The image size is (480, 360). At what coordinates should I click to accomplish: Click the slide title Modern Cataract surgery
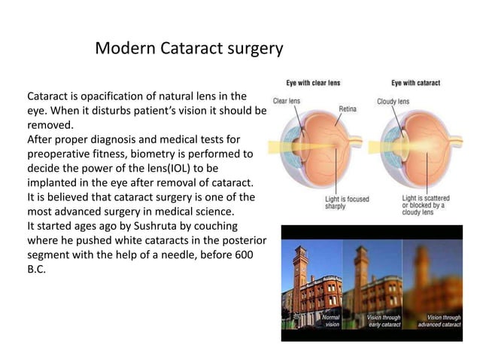click(x=190, y=49)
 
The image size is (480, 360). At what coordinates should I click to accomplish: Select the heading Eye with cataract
click(x=415, y=83)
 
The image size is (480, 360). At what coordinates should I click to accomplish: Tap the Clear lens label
click(x=287, y=101)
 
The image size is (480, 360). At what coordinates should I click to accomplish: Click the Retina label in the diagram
click(x=348, y=108)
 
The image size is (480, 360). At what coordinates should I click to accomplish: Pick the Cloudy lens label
click(x=393, y=101)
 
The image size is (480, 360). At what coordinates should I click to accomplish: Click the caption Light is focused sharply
click(x=347, y=202)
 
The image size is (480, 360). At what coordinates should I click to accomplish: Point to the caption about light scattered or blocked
click(x=423, y=205)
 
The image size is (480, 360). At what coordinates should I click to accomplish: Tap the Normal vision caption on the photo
click(x=332, y=321)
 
